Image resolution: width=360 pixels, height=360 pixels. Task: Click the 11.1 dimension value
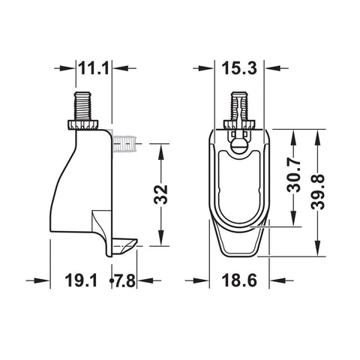tap(94, 68)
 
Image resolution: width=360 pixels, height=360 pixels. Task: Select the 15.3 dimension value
tap(239, 68)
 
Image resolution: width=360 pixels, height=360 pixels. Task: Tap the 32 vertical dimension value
tap(160, 195)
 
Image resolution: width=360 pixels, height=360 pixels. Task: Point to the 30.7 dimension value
tap(293, 175)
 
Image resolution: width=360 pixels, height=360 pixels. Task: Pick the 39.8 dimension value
tap(318, 192)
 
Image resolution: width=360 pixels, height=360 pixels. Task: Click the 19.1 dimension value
tap(81, 280)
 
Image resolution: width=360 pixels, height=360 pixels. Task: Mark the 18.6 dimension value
tap(239, 280)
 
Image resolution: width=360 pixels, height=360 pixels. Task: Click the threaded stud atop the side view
tap(82, 106)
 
